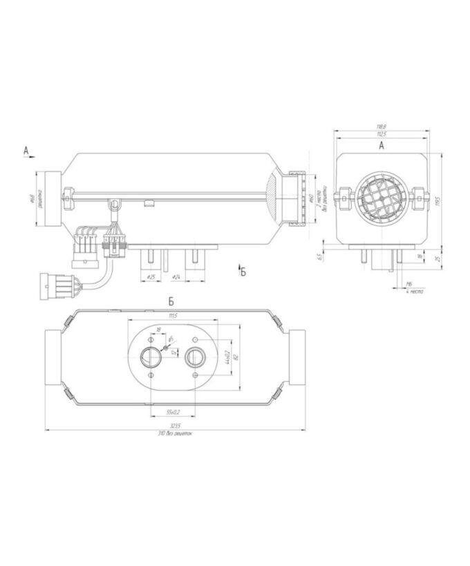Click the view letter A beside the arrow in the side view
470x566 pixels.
[26, 149]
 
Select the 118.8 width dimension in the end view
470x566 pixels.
[380, 126]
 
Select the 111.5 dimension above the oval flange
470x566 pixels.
[174, 316]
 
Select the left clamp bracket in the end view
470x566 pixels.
[341, 196]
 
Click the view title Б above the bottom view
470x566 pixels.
[170, 303]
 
